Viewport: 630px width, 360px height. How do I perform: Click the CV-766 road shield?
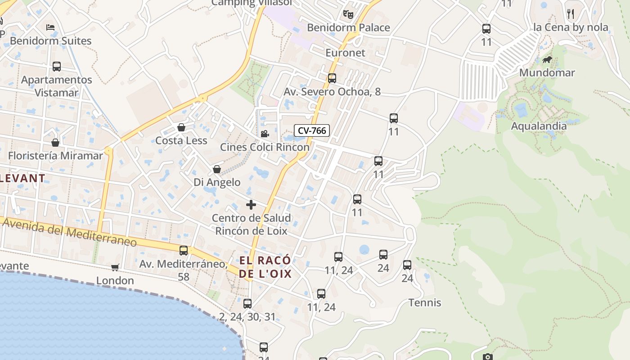(312, 130)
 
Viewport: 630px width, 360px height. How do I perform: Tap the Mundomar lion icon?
(547, 59)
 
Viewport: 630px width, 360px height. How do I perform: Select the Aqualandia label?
(539, 126)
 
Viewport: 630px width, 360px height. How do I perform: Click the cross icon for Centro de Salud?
(251, 205)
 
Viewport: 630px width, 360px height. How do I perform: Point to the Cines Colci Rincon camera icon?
(265, 134)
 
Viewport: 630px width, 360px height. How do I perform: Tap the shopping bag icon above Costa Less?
(181, 127)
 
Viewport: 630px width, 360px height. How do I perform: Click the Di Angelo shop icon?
(217, 169)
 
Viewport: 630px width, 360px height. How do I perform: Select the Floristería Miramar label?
(55, 156)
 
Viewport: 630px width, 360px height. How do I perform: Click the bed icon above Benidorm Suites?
(50, 27)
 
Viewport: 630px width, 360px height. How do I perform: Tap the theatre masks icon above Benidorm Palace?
(348, 14)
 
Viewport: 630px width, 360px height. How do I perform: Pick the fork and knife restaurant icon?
(571, 14)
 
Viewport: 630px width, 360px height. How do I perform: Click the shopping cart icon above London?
(115, 267)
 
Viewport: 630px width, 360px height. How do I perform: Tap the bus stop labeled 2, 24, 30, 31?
(247, 303)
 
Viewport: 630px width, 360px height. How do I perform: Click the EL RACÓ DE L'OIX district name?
(265, 267)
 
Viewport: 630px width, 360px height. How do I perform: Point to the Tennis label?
(425, 302)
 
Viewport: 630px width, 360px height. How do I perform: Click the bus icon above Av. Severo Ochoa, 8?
(332, 78)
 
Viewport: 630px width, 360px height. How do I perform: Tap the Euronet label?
(345, 53)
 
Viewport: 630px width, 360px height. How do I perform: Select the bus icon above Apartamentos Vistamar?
(57, 67)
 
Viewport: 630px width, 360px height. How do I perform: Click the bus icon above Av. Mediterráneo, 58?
(184, 251)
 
